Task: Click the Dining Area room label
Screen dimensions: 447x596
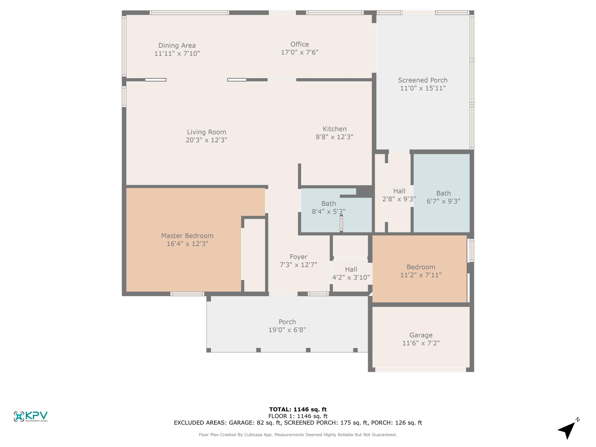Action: point(177,45)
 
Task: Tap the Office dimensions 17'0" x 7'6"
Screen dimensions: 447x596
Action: point(300,52)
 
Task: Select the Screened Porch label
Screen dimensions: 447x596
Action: point(423,80)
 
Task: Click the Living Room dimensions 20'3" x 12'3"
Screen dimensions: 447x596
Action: point(206,140)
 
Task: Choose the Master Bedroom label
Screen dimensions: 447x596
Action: point(187,236)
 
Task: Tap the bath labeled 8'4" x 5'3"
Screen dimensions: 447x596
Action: point(328,207)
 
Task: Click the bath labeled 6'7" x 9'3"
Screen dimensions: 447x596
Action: point(443,197)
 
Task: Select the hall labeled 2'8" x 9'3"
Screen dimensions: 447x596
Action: point(399,195)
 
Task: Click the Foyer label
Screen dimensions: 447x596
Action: point(298,257)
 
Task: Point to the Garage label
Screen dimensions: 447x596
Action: point(421,335)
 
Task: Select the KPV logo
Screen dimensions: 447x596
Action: point(30,416)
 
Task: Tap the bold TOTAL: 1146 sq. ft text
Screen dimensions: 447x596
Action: point(298,409)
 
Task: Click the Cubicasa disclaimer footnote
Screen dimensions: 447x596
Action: point(298,435)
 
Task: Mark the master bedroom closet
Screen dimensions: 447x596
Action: point(254,255)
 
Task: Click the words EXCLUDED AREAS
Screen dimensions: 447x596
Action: point(200,423)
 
